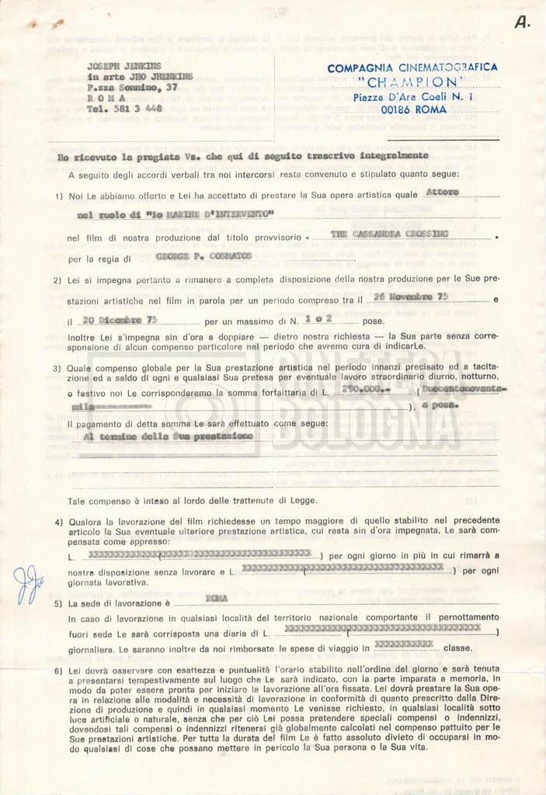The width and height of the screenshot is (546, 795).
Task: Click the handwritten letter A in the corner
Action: tap(523, 23)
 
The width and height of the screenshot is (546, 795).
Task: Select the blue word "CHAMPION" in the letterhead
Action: tap(411, 82)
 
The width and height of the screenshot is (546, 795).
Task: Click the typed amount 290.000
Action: tap(368, 392)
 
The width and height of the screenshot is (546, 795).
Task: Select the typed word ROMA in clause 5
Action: tap(217, 598)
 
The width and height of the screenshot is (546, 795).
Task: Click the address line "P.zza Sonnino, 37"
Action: tap(133, 88)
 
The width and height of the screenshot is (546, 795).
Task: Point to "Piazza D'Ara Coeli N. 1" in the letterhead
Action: tap(412, 97)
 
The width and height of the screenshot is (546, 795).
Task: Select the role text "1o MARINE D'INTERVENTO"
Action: tap(176, 213)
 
